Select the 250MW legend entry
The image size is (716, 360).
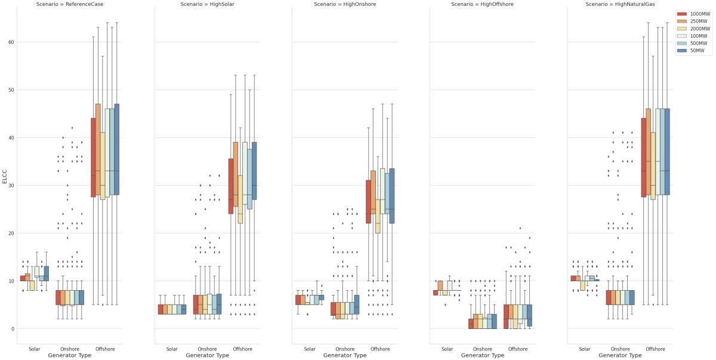tap(697, 21)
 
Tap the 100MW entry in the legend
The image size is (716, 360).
tap(697, 36)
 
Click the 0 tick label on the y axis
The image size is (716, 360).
tap(12, 329)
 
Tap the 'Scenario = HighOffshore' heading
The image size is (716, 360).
tap(483, 4)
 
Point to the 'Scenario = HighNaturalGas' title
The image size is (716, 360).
tap(620, 4)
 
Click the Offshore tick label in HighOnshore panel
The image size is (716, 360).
tap(380, 349)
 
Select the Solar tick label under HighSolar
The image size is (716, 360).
tap(172, 349)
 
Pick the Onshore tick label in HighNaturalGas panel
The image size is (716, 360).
tap(620, 349)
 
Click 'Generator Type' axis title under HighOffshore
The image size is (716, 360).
tap(483, 355)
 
